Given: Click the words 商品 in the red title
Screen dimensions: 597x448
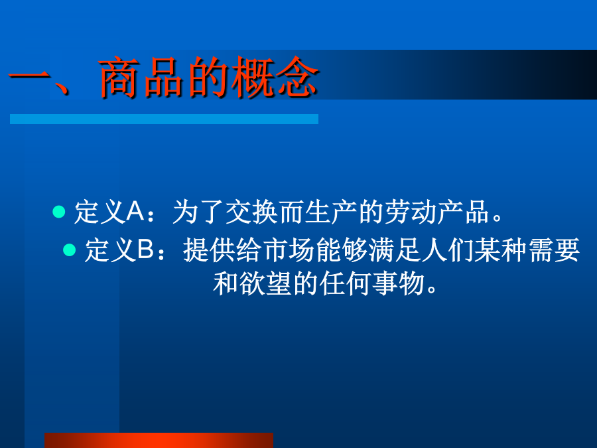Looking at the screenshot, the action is coord(141,78).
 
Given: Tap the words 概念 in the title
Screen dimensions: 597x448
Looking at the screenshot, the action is coord(275,78).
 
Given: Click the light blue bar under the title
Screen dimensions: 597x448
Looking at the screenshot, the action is coord(164,119).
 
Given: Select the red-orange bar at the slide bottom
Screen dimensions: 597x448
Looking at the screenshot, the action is coord(159,441).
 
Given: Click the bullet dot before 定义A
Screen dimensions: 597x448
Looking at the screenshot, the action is coord(59,212).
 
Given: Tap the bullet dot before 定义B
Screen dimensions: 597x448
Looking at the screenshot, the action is coord(69,250).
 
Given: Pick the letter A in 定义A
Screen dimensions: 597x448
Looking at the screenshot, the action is coord(135,212).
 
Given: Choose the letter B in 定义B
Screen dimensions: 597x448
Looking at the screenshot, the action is coord(145,250).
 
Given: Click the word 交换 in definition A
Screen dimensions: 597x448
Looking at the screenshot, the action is coord(251,212).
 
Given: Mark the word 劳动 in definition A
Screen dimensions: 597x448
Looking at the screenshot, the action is coord(411,212).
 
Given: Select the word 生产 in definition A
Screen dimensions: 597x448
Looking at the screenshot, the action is coord(331,212).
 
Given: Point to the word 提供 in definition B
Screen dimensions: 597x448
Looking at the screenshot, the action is coord(209,250).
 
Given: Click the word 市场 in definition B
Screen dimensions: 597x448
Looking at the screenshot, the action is coord(289,250).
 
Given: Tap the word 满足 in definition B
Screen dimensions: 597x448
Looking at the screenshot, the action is coord(395,250).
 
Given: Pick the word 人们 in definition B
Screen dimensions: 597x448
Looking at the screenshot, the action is coord(448,250).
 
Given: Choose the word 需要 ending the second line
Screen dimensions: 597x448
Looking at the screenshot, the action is coord(554,250).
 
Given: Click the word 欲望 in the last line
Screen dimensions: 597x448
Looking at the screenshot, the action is coord(266,283).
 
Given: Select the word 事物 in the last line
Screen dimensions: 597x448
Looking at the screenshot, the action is coord(399,283).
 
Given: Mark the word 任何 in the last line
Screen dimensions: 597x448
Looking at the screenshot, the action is coord(346,283).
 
